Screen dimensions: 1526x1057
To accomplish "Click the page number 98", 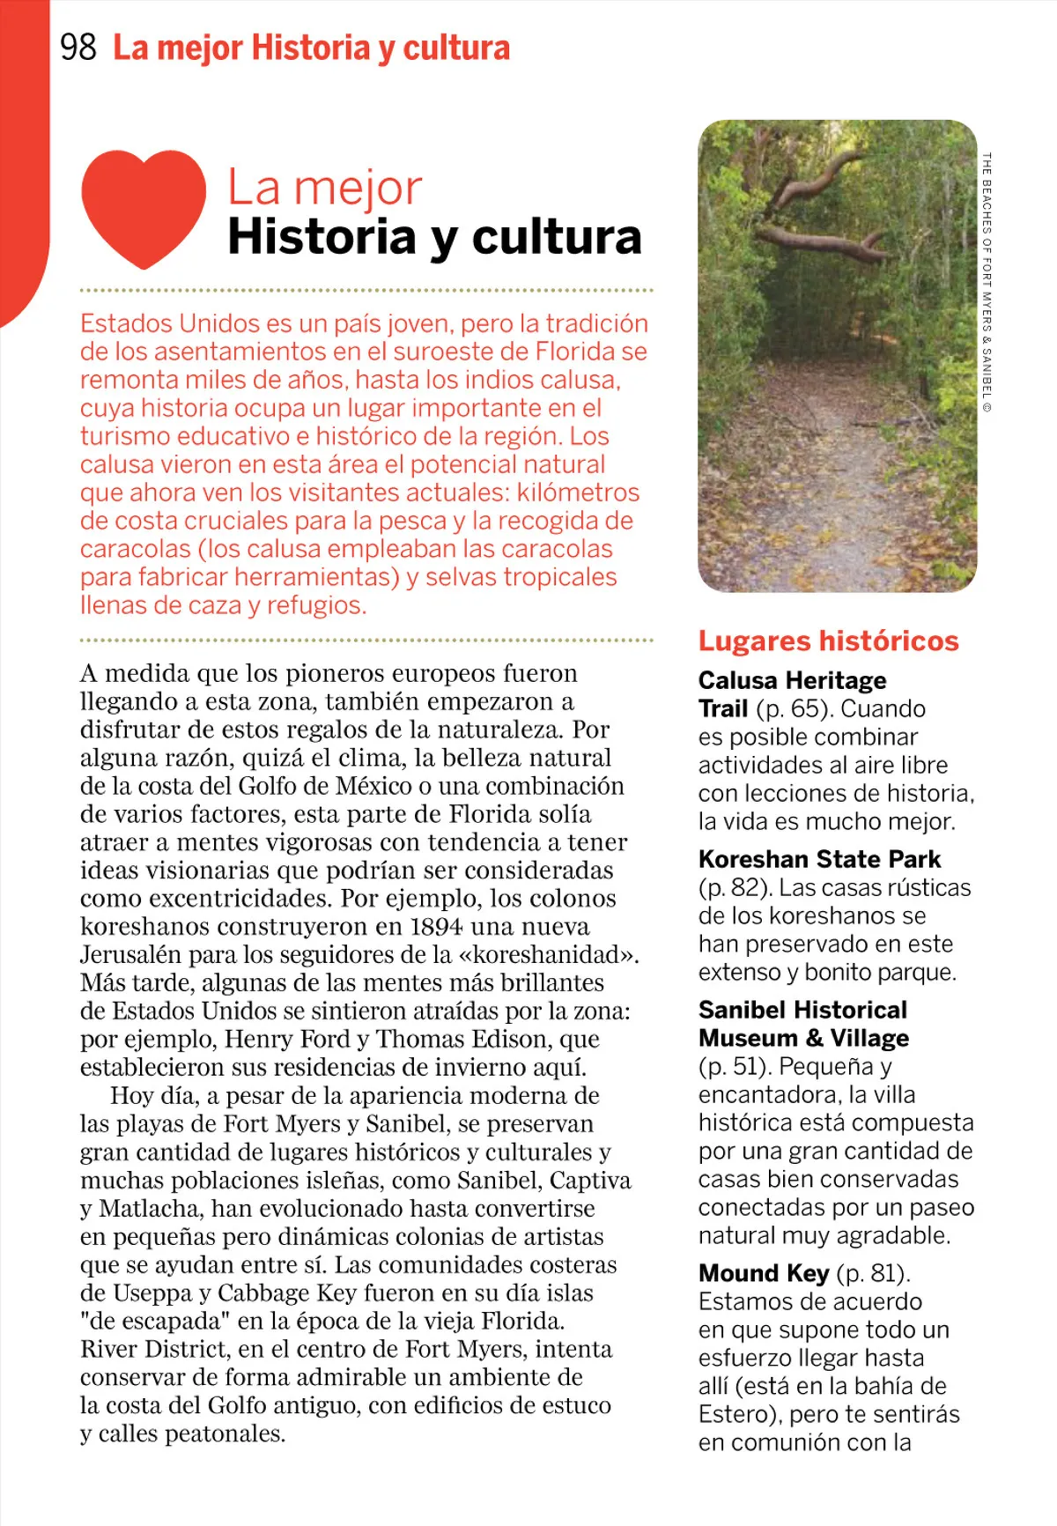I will (x=78, y=48).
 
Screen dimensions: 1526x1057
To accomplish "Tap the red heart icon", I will (x=144, y=206).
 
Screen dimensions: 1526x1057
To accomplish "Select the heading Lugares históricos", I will (x=828, y=641).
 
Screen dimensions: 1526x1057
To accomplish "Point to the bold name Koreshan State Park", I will (x=819, y=859).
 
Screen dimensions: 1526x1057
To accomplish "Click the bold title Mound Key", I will (x=764, y=1273).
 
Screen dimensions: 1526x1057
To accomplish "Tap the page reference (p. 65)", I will (x=793, y=709).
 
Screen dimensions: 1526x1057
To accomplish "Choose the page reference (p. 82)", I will (x=735, y=888).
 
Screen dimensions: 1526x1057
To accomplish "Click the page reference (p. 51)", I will (x=735, y=1067).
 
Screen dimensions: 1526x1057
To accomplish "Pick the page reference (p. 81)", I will (x=873, y=1273).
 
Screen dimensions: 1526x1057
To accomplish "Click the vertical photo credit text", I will (x=987, y=282).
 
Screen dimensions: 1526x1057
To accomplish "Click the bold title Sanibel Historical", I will (x=802, y=1010).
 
